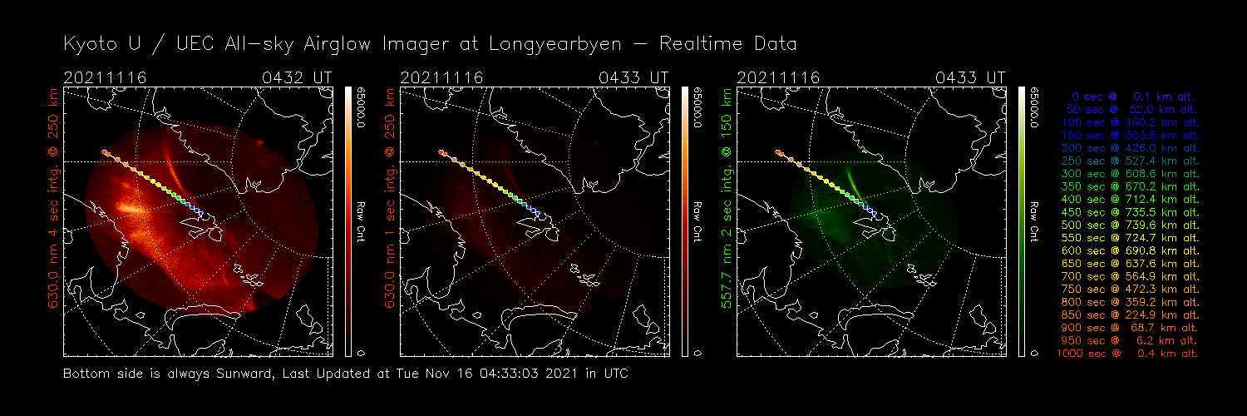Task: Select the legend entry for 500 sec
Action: (x=1128, y=225)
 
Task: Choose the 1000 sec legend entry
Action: (x=1128, y=354)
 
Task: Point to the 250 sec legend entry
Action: (x=1128, y=161)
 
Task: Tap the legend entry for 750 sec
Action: (x=1128, y=290)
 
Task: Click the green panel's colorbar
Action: (x=1021, y=220)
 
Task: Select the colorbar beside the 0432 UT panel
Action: (x=347, y=220)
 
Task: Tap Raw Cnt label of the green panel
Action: (x=1033, y=220)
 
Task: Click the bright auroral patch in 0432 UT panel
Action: (x=131, y=206)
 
